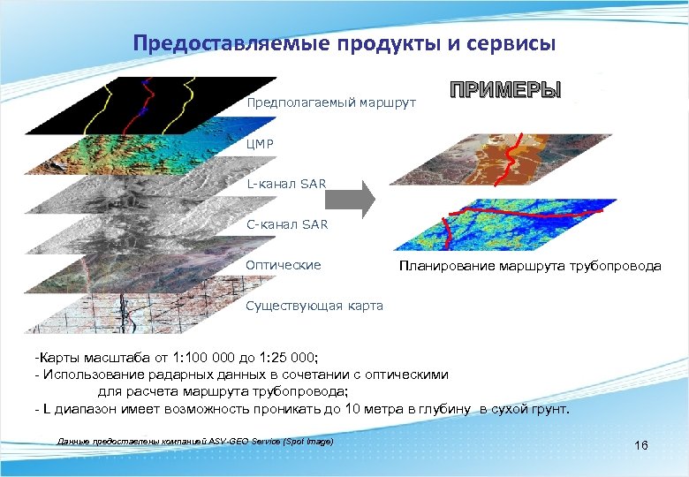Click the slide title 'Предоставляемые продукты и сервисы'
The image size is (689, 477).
click(x=344, y=43)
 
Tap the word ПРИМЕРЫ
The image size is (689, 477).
click(x=505, y=92)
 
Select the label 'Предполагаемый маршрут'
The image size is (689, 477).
click(x=330, y=102)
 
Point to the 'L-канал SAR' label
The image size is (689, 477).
click(x=286, y=184)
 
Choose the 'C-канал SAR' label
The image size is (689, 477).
click(x=287, y=224)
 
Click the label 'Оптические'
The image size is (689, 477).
click(x=284, y=265)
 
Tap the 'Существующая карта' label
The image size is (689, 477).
click(x=314, y=306)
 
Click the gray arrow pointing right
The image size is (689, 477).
click(x=358, y=201)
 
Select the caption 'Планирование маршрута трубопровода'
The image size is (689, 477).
click(x=529, y=265)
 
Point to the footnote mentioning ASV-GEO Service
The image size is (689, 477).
click(x=194, y=440)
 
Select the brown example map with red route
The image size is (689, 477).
click(x=503, y=159)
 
